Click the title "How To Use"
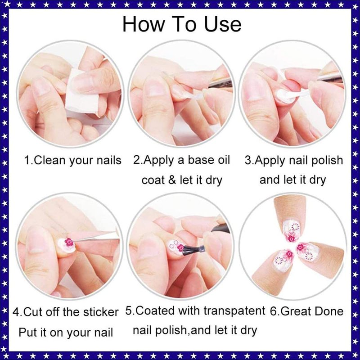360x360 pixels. click(x=182, y=24)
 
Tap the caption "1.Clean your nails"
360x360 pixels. click(x=73, y=161)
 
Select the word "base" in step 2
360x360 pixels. click(x=199, y=160)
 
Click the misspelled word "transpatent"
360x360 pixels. click(x=234, y=311)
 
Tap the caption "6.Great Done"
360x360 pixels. click(x=306, y=311)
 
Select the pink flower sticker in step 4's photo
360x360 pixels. click(x=69, y=242)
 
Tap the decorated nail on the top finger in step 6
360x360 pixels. click(x=291, y=231)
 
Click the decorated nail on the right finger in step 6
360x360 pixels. click(x=308, y=252)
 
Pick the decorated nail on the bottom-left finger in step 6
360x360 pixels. click(x=283, y=261)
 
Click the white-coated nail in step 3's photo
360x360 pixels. click(x=286, y=95)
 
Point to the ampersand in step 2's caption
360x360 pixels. click(x=172, y=180)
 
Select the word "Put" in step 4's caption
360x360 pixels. click(x=27, y=332)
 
